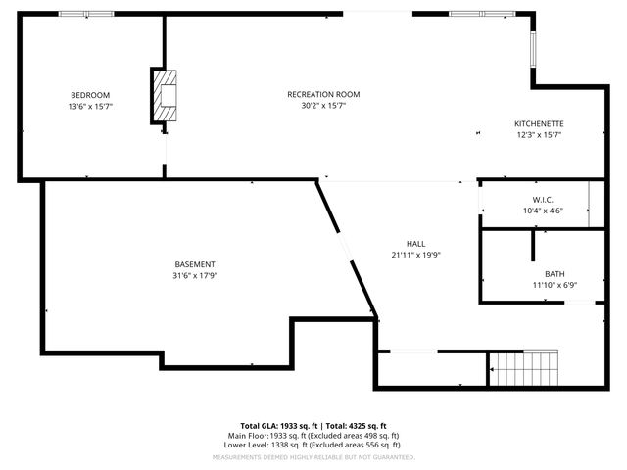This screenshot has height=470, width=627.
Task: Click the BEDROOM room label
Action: pyautogui.click(x=90, y=94)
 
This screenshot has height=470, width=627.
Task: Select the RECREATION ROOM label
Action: pyautogui.click(x=323, y=94)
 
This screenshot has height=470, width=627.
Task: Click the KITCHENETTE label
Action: pyautogui.click(x=539, y=123)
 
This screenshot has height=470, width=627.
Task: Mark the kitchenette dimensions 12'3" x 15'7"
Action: pyautogui.click(x=539, y=135)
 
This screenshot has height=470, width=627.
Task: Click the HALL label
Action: pyautogui.click(x=415, y=243)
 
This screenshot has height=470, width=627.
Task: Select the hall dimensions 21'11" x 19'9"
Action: pyautogui.click(x=415, y=255)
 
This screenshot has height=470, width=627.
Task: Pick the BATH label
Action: pyautogui.click(x=555, y=274)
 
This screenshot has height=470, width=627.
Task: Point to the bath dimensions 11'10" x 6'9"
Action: pyautogui.click(x=555, y=286)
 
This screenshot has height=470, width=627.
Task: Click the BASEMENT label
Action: pyautogui.click(x=195, y=264)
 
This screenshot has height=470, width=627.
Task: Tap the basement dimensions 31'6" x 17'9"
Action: pyautogui.click(x=195, y=276)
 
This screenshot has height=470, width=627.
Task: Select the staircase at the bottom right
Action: pyautogui.click(x=524, y=369)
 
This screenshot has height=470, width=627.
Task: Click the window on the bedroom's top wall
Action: pyautogui.click(x=86, y=14)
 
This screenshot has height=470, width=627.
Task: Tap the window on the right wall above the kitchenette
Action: pyautogui.click(x=534, y=49)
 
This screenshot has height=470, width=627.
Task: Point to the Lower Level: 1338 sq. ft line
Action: pyautogui.click(x=313, y=445)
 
